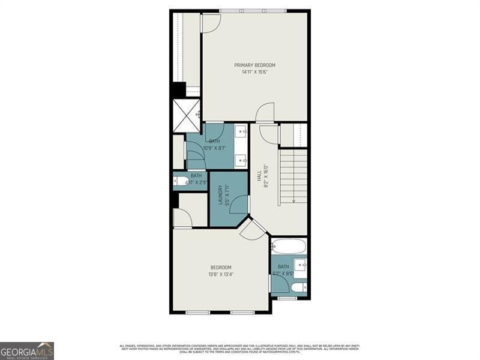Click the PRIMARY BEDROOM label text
(x=254, y=65)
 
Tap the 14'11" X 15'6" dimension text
(x=254, y=72)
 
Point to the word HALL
(x=259, y=176)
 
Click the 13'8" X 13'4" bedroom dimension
(x=221, y=274)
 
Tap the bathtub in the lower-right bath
(x=289, y=246)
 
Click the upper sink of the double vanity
(x=240, y=131)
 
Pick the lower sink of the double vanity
(x=240, y=160)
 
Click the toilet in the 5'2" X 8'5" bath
(x=302, y=288)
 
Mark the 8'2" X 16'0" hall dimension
(x=266, y=176)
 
